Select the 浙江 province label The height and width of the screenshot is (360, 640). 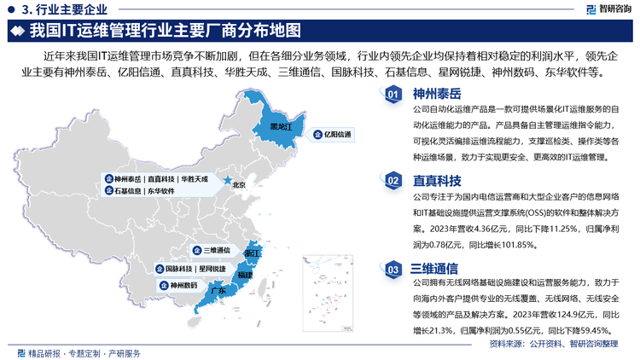click(252, 253)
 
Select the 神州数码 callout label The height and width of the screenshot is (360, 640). click(182, 285)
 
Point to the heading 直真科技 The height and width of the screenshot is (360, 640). click(437, 180)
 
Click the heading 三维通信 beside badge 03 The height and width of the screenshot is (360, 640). click(437, 269)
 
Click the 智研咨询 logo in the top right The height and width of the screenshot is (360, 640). click(602, 10)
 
